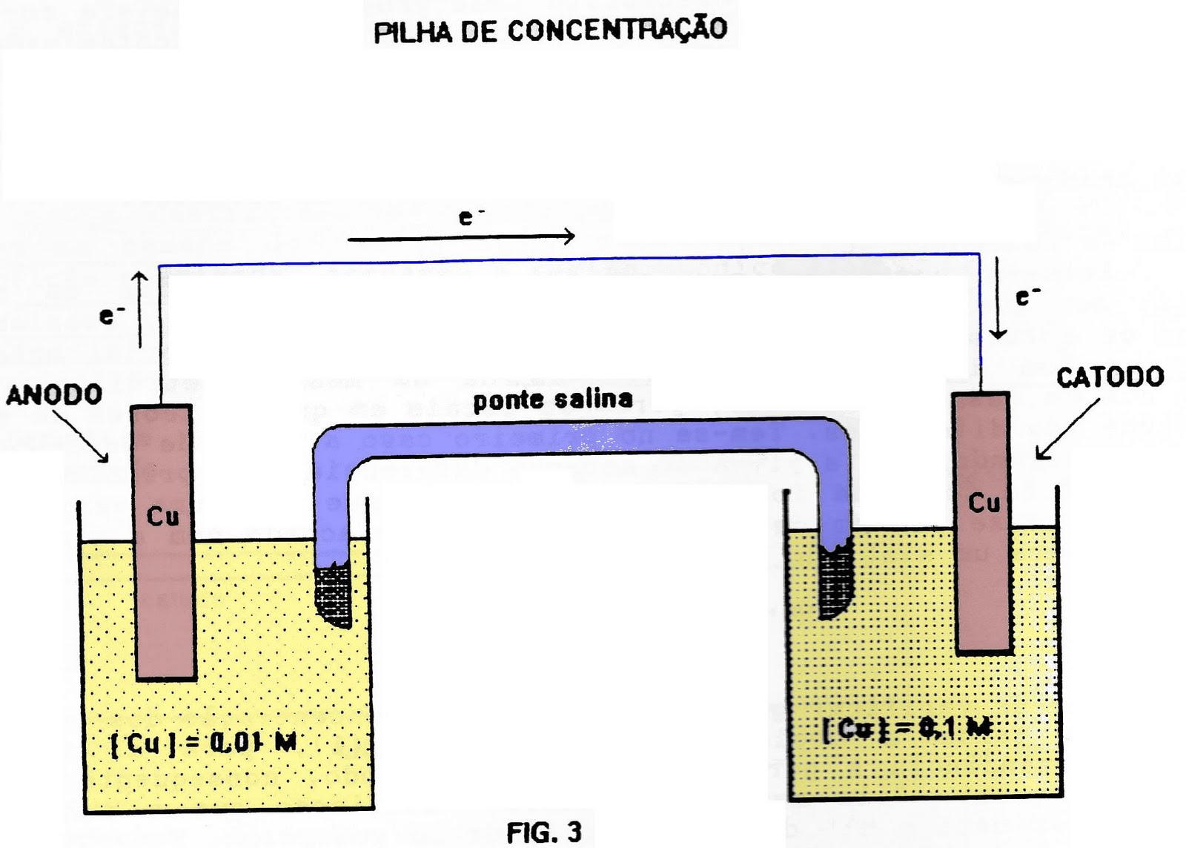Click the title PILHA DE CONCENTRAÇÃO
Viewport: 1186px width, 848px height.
pyautogui.click(x=550, y=30)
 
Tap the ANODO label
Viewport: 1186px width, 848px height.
pyautogui.click(x=54, y=394)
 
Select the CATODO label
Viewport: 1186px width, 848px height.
pyautogui.click(x=1110, y=377)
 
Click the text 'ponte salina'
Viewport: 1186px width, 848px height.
pyautogui.click(x=553, y=400)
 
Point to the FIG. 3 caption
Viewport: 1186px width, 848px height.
pyautogui.click(x=544, y=832)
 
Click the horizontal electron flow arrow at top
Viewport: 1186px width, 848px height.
pyautogui.click(x=461, y=237)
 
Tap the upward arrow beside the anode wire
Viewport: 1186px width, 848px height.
pyautogui.click(x=140, y=309)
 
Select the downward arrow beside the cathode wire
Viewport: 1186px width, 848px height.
pyautogui.click(x=998, y=297)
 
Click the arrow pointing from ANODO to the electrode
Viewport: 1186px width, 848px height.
pyautogui.click(x=81, y=435)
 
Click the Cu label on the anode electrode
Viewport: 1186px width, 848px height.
pyautogui.click(x=162, y=515)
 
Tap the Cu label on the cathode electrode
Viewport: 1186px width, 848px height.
pyautogui.click(x=984, y=503)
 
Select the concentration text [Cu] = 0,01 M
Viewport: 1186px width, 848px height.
pyautogui.click(x=203, y=742)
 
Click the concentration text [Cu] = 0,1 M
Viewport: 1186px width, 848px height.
pyautogui.click(x=907, y=729)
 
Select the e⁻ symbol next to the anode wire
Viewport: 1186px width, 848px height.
pyautogui.click(x=109, y=315)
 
